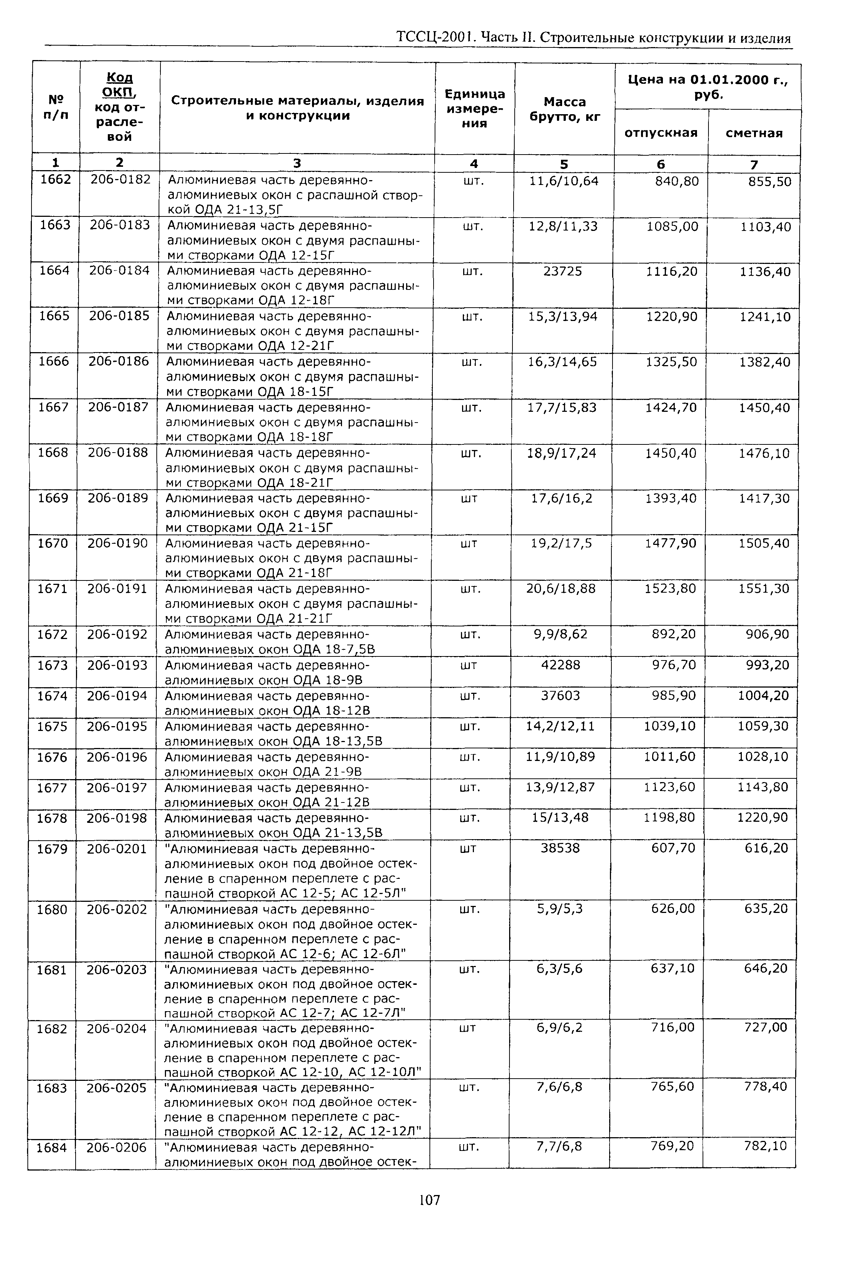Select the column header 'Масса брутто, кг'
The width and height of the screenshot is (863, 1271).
(x=564, y=109)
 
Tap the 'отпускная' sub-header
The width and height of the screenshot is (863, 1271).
(x=661, y=133)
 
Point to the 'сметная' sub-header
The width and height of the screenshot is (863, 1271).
(x=754, y=133)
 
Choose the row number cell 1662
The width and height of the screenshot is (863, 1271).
(x=56, y=180)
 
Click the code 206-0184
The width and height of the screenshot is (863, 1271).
(x=119, y=270)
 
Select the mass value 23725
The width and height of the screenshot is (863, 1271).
(x=563, y=271)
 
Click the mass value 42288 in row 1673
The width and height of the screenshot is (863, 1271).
(x=561, y=665)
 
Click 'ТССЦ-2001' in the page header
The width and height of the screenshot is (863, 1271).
(x=432, y=38)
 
